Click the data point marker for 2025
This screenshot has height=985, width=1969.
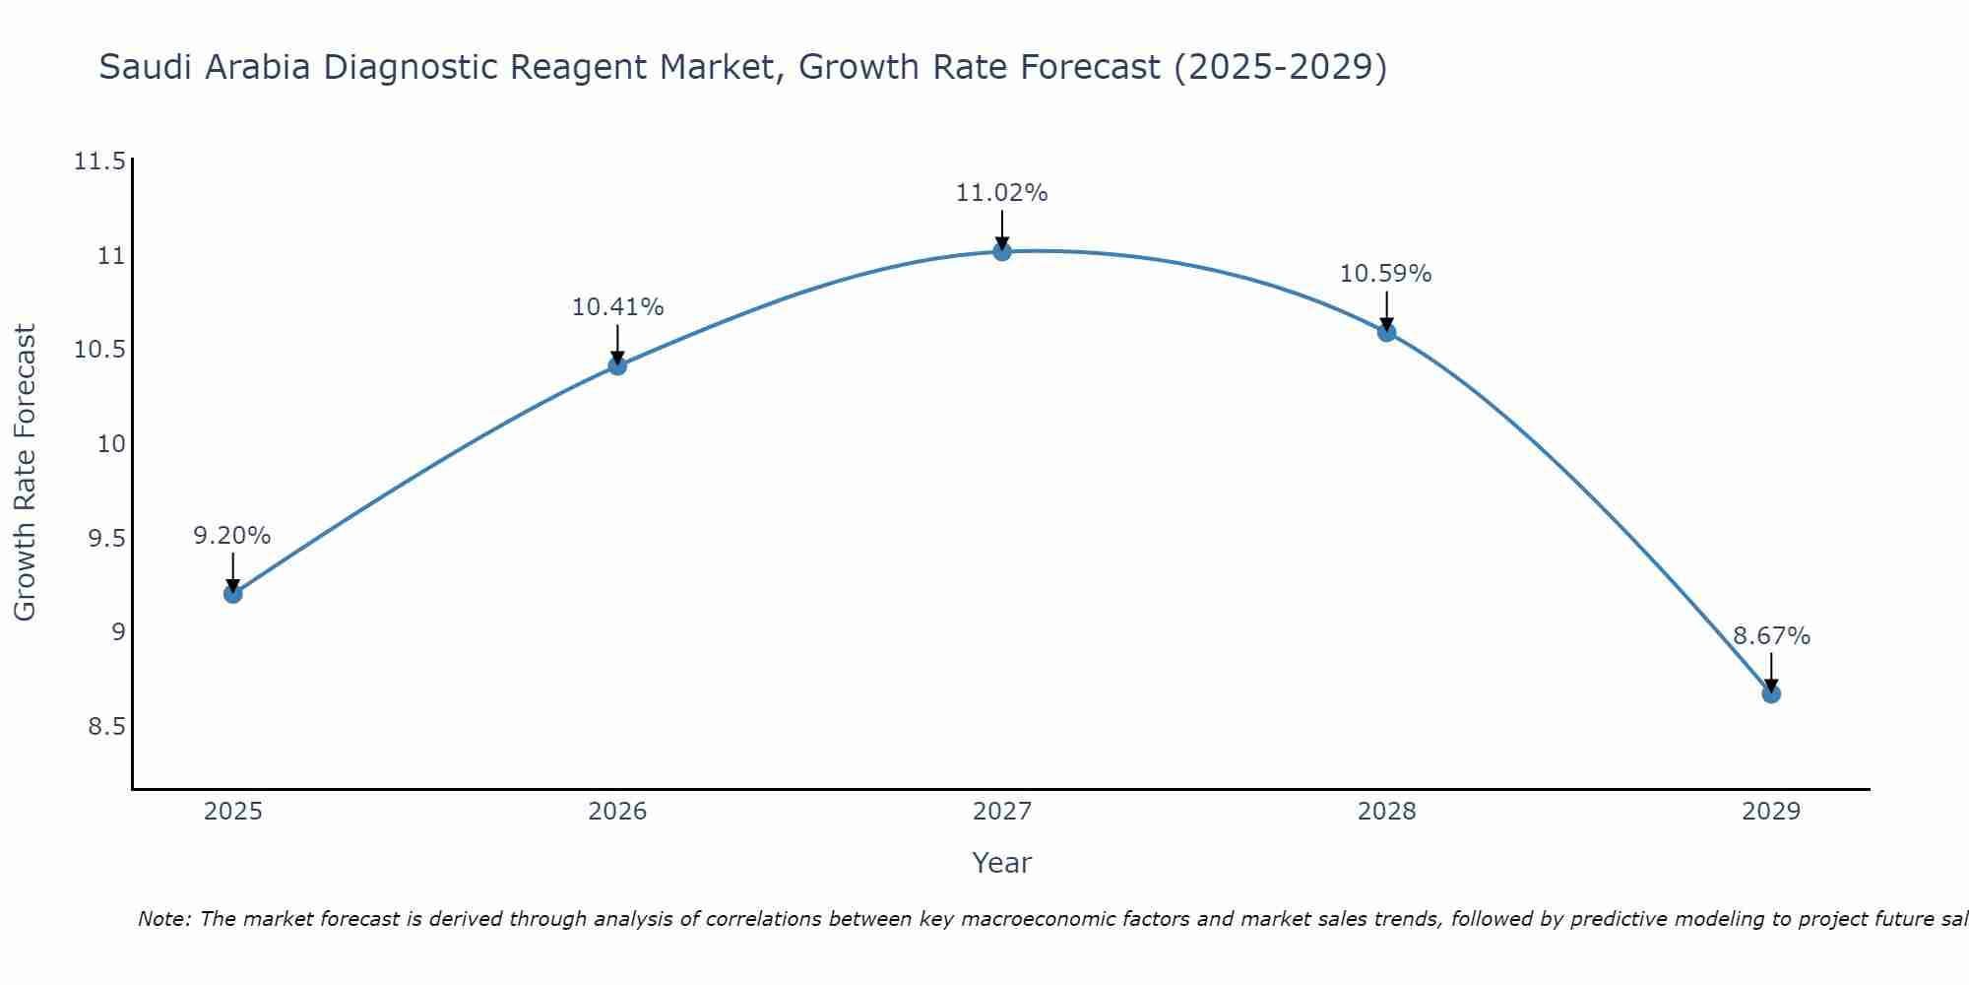coord(233,594)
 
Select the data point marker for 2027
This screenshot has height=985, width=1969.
coord(1002,251)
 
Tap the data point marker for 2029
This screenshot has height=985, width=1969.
coord(1771,693)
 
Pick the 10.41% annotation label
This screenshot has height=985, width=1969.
coord(618,307)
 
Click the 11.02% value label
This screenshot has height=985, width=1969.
coord(1002,193)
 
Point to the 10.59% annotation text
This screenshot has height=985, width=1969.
coord(1386,274)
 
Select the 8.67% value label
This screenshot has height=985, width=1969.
coord(1771,636)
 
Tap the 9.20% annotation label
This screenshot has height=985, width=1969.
coord(232,536)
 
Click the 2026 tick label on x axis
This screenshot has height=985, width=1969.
coord(617,812)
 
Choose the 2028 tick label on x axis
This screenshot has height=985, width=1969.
coord(1386,812)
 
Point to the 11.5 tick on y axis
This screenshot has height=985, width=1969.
coord(99,162)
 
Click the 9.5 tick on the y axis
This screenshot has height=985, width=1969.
coord(106,539)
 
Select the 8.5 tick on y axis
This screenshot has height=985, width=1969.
coord(106,727)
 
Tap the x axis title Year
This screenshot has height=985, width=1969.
coord(1001,863)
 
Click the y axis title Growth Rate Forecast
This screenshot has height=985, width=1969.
coord(26,473)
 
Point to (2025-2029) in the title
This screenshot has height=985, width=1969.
coord(1280,68)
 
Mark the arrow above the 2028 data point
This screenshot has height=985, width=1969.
coord(1386,311)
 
